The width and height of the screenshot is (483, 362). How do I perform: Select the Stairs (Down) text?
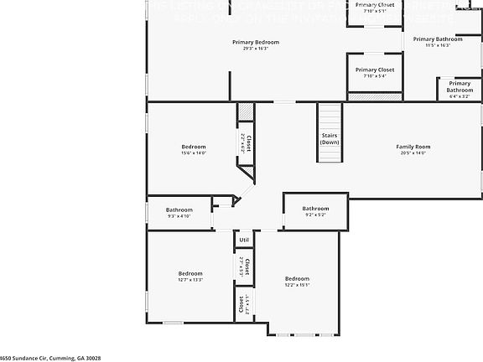tap(330, 138)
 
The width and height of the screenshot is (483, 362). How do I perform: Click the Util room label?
tap(244, 240)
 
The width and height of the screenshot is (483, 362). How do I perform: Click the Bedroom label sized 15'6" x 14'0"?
tap(193, 147)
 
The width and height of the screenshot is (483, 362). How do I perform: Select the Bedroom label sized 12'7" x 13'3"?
tap(190, 273)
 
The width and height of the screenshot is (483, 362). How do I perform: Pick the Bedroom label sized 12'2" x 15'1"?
tap(297, 278)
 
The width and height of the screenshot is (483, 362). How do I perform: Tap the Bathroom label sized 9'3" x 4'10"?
tap(179, 209)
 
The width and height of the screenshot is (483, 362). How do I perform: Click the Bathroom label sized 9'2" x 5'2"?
tap(315, 209)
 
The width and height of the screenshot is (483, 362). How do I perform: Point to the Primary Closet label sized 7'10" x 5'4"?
tap(374, 70)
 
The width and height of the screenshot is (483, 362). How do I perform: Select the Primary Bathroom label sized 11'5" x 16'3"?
tap(437, 39)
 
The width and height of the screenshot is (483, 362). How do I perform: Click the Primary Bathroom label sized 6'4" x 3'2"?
tap(460, 86)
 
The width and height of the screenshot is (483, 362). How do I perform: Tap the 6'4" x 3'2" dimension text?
tap(460, 96)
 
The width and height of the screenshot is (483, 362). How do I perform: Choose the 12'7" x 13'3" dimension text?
tap(190, 280)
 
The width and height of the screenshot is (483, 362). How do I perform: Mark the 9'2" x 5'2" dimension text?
tap(315, 215)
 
